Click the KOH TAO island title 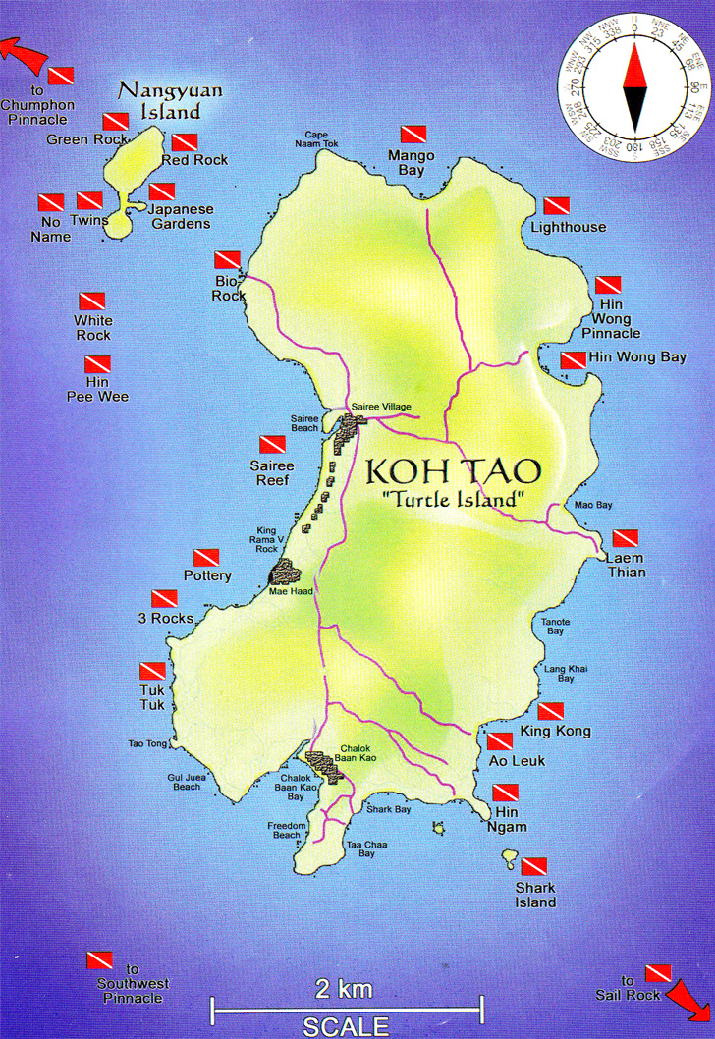453,470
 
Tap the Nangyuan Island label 170,99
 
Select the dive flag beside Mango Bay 412,135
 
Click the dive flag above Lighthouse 556,206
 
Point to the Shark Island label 535,895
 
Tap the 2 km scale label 343,987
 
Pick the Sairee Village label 381,407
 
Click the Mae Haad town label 287,591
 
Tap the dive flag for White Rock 92,301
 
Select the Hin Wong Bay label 637,357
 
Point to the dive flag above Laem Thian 626,538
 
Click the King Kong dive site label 555,731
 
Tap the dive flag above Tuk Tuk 152,671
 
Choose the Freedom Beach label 284,831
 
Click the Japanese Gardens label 180,216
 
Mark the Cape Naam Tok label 321,138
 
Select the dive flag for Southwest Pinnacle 99,959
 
